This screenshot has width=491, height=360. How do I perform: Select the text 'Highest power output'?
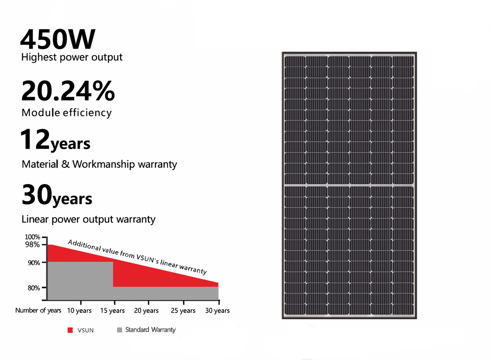72,57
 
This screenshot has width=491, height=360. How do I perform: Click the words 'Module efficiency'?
66,112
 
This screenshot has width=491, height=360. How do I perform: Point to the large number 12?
35,139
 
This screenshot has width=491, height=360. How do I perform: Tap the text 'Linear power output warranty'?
88,219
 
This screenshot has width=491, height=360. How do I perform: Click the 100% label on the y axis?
32,237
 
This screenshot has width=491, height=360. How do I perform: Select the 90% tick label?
34,263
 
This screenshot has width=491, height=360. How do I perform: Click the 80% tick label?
34,288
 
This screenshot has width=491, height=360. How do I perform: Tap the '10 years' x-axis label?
79,311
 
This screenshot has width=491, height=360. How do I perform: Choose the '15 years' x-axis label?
112,311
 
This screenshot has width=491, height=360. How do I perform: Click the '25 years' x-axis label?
183,311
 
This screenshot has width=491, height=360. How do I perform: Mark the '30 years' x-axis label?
217,311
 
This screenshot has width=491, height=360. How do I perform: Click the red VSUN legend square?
70,330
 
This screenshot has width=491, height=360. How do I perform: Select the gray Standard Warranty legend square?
119,330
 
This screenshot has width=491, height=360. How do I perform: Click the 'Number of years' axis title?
38,310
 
